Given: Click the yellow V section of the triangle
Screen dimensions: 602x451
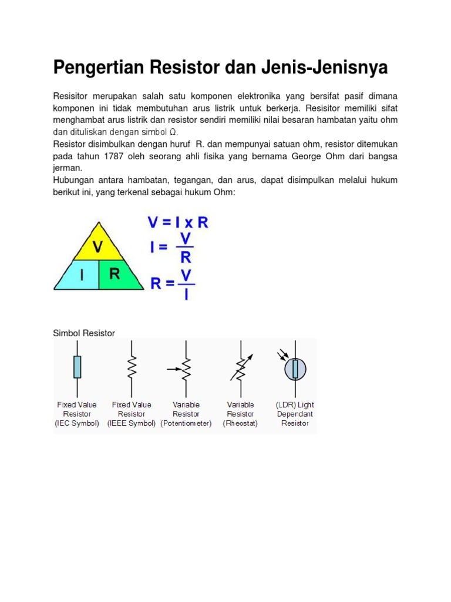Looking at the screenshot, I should point(98,245).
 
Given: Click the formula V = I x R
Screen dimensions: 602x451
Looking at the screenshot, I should point(177,223).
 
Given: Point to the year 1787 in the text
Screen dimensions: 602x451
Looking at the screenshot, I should point(116,156).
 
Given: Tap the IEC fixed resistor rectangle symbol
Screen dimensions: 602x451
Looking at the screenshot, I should point(78,368).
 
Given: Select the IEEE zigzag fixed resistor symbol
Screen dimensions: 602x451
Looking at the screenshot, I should point(132,368).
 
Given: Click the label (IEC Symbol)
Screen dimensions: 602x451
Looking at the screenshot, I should point(77,423).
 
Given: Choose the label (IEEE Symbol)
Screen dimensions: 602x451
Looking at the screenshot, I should point(132,423).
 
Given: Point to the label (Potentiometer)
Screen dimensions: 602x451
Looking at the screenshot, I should point(186,423).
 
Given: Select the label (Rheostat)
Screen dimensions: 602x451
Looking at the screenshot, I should point(240,423).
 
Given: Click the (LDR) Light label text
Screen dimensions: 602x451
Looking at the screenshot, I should point(295,405).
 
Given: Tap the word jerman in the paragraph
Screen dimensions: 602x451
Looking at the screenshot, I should point(67,168).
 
